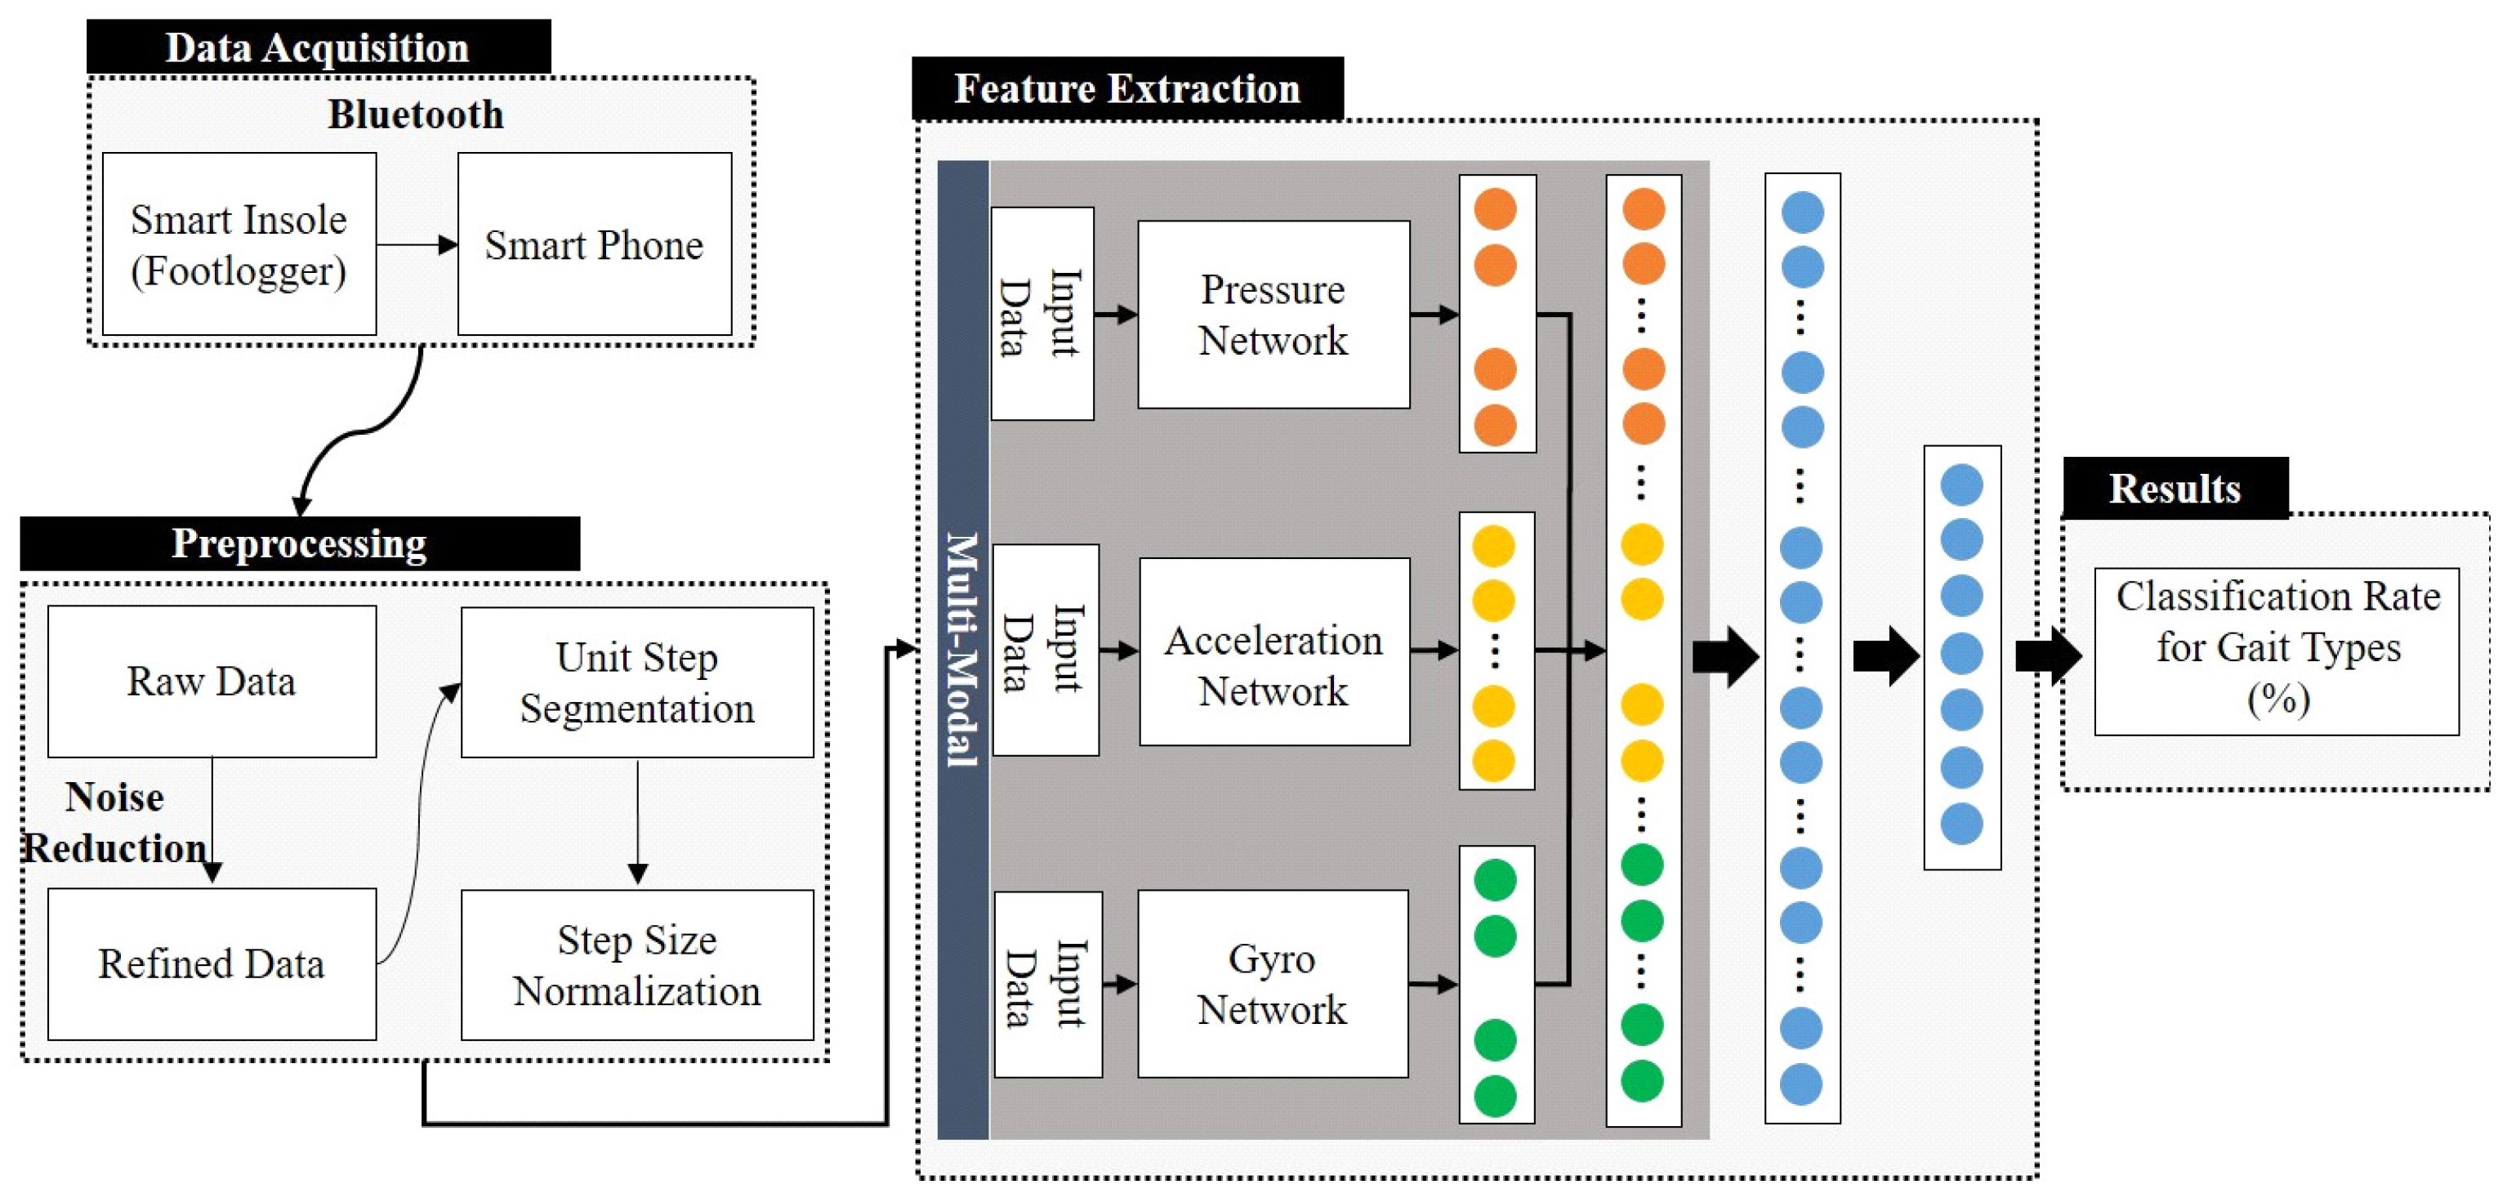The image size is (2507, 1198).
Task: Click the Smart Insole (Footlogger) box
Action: pyautogui.click(x=239, y=244)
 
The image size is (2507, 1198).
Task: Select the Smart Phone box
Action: pyautogui.click(x=594, y=244)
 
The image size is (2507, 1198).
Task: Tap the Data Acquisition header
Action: pyautogui.click(x=319, y=47)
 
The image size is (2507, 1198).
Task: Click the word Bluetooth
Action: pyautogui.click(x=416, y=115)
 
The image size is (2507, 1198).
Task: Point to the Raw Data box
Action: pyautogui.click(x=212, y=682)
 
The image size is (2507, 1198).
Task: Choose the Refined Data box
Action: pyautogui.click(x=212, y=963)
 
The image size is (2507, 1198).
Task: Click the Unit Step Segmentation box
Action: pyautogui.click(x=636, y=682)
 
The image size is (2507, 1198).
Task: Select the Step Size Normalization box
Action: pyautogui.click(x=636, y=964)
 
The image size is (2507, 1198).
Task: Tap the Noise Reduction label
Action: pyautogui.click(x=115, y=822)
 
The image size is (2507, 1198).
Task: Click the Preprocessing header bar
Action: pyautogui.click(x=299, y=543)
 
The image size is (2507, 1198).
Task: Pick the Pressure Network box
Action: pyautogui.click(x=1273, y=315)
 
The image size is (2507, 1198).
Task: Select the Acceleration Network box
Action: pyautogui.click(x=1273, y=651)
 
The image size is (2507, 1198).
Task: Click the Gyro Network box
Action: pyautogui.click(x=1272, y=983)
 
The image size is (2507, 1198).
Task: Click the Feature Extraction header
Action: pyautogui.click(x=1127, y=88)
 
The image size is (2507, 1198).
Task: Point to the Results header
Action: pyautogui.click(x=2175, y=488)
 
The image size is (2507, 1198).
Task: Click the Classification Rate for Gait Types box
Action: pyautogui.click(x=2277, y=650)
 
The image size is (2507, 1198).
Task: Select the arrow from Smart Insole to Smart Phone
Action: pyautogui.click(x=417, y=244)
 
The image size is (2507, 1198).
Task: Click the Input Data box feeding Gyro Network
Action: pyautogui.click(x=1047, y=983)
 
